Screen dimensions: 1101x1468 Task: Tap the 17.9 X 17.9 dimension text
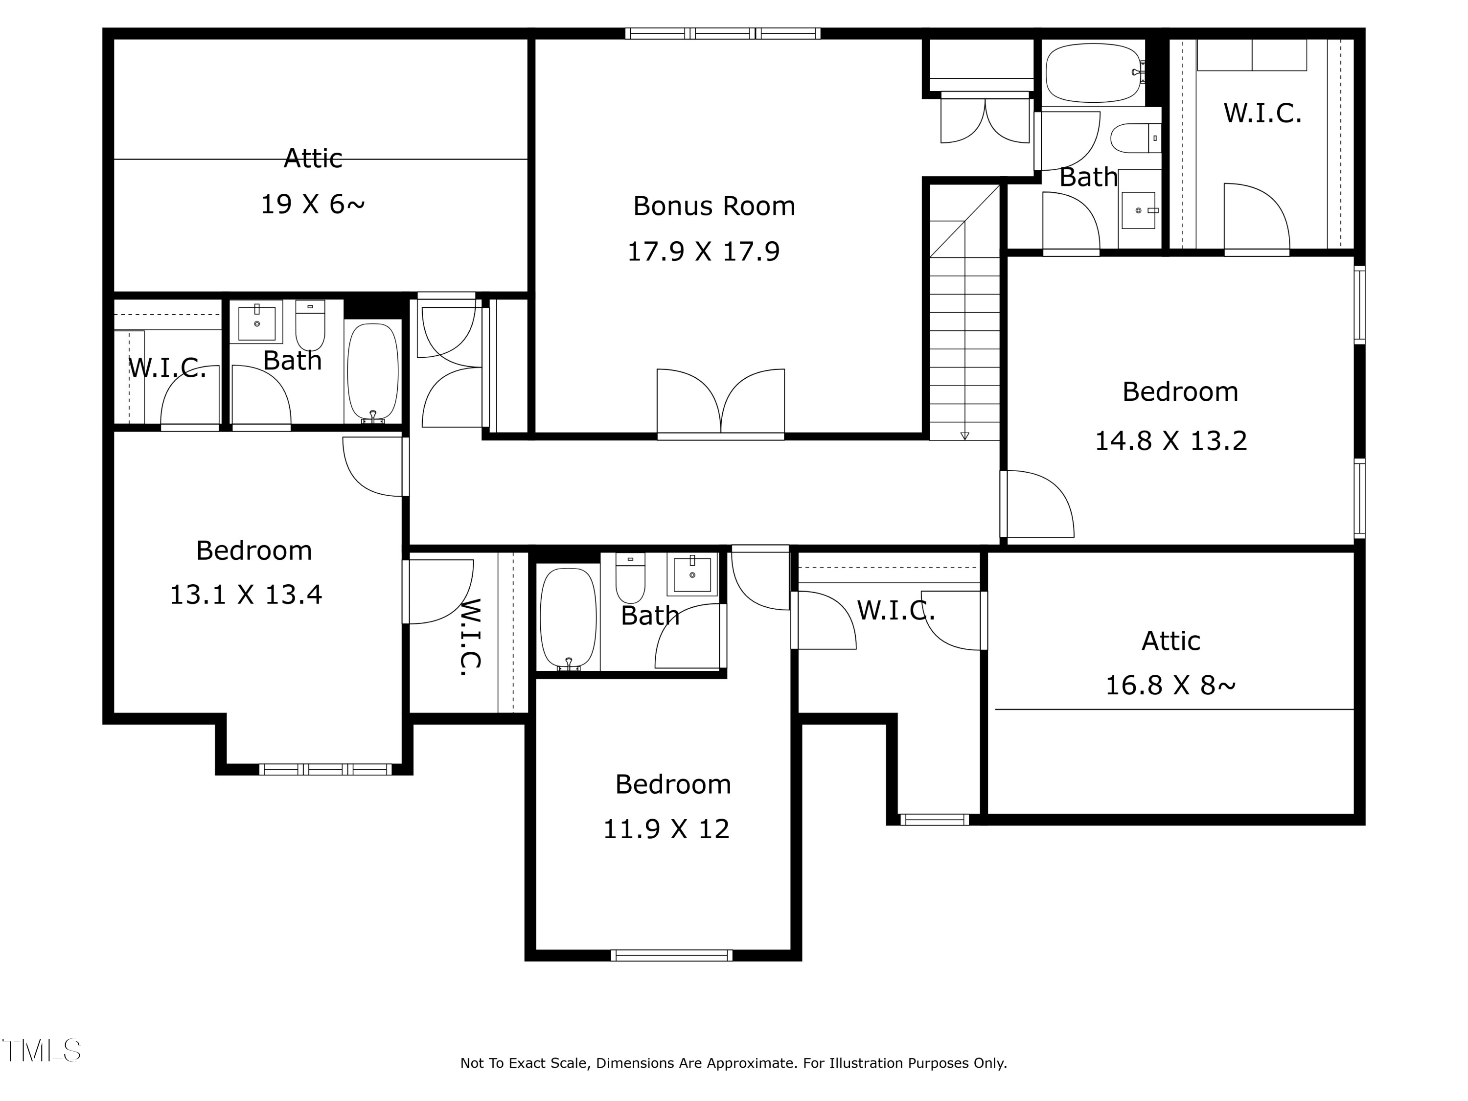[704, 252]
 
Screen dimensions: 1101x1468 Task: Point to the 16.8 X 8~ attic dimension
[1170, 685]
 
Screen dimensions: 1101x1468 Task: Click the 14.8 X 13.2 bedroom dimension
[1170, 441]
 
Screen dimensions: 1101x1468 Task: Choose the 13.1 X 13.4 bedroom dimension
[246, 595]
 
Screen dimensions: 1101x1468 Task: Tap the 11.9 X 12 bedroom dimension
[666, 829]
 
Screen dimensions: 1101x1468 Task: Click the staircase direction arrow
[965, 436]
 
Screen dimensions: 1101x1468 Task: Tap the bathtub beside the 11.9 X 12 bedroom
[568, 617]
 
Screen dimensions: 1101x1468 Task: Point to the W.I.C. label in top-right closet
[1262, 114]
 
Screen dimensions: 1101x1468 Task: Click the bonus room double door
[721, 402]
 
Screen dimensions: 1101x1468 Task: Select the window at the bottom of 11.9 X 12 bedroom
[672, 955]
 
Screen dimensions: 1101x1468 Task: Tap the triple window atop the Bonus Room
[723, 33]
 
